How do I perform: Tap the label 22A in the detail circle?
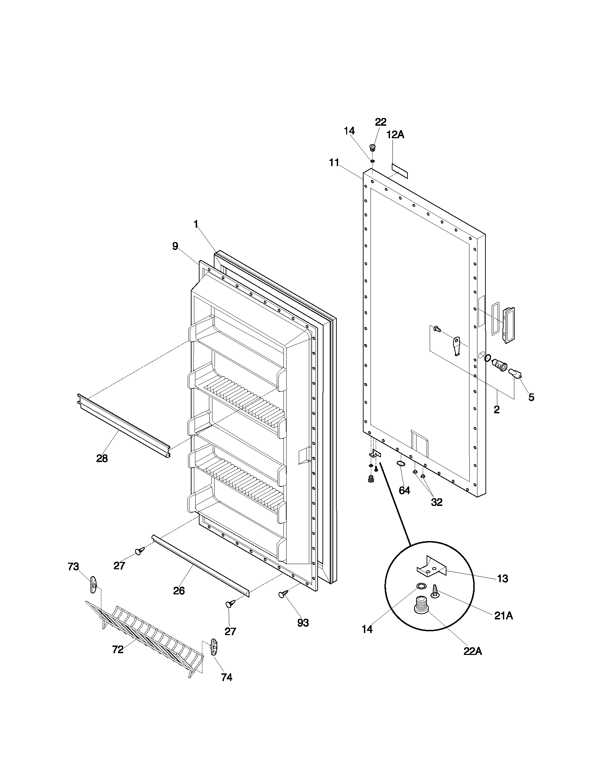(473, 652)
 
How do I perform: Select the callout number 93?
(303, 623)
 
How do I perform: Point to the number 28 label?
(102, 458)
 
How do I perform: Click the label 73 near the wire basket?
(73, 567)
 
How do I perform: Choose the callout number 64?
(404, 490)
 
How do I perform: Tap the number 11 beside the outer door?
(334, 162)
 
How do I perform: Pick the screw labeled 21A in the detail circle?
(435, 592)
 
